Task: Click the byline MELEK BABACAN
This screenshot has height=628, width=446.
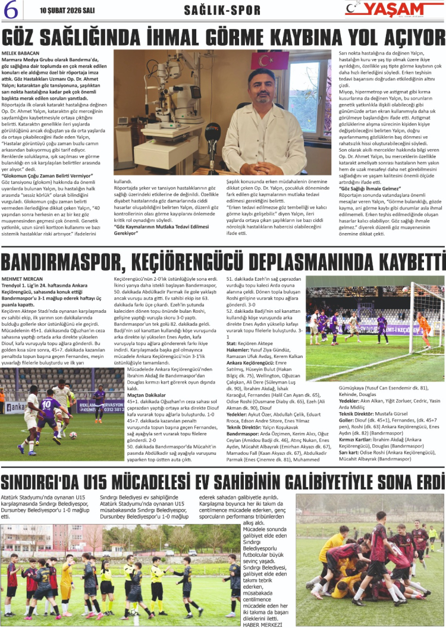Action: coord(21,54)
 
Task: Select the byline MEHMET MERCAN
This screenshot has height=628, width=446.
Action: coord(23,278)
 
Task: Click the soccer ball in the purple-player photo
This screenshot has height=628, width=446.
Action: coord(73,435)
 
